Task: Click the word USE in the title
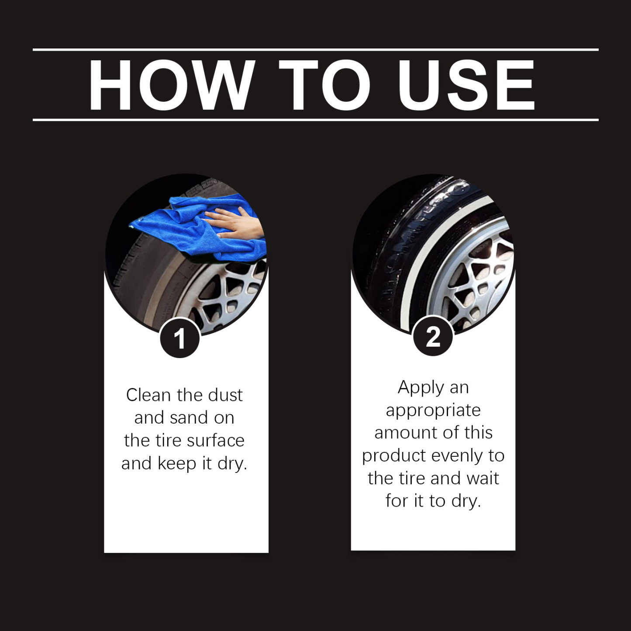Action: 466,85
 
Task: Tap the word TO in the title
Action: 324,85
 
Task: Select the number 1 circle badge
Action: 179,338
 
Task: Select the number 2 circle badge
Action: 433,337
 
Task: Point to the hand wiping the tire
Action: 236,223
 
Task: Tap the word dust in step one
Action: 225,395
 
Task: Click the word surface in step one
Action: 215,441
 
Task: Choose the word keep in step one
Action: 177,463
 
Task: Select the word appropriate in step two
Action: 433,410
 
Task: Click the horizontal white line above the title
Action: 315,50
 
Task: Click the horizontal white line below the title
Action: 315,120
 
